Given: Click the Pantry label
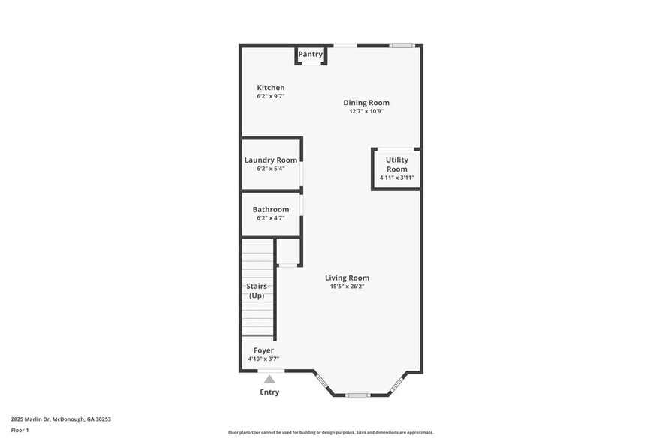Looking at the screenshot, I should coord(310,55).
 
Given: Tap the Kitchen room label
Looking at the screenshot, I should coord(271,88).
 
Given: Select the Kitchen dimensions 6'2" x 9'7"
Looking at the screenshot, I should coord(271,96).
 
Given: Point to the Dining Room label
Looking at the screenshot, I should coord(366,103).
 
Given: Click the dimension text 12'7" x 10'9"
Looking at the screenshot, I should coord(366,111).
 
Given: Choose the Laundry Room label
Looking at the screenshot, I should coord(271,160).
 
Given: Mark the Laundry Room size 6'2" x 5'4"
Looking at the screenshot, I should coord(271,169).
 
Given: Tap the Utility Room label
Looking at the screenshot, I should coord(396,164).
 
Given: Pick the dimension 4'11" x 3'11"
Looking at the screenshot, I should coord(396,178).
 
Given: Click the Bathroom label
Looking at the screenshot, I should coord(271,209).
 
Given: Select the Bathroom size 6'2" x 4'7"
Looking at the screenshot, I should coord(271,218).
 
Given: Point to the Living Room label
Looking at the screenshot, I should coord(347,277).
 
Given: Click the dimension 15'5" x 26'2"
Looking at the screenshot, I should coord(347,286).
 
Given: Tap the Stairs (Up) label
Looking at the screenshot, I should coord(257,290).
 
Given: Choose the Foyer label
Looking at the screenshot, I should coord(263,350).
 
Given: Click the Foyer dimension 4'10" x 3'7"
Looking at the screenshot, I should coord(263,359).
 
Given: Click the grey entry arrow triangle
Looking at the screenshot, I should coord(269,379).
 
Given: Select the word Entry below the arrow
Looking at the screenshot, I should coord(269,392).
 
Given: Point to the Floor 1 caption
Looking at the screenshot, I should coord(20,430).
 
